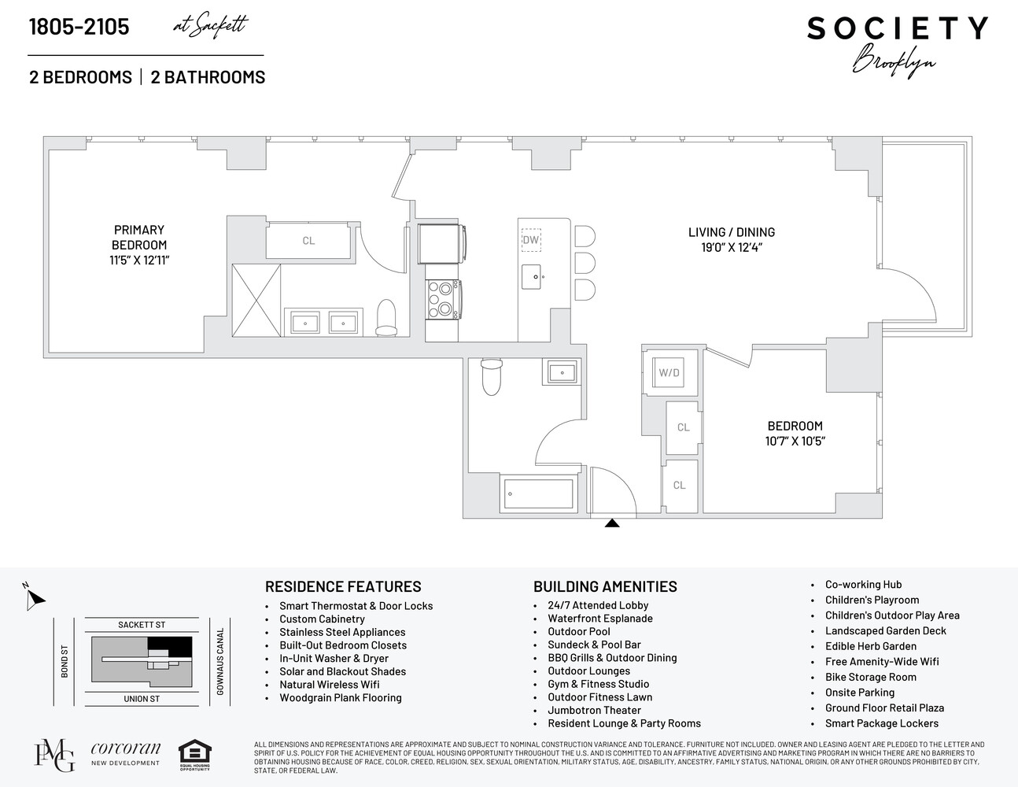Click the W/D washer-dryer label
[x=669, y=372]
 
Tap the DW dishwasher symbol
[x=531, y=239]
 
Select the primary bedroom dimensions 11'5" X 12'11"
[x=139, y=260]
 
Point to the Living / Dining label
[x=732, y=232]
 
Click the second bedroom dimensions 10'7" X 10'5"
[x=795, y=441]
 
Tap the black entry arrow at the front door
[x=611, y=523]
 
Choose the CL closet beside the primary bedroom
[x=308, y=241]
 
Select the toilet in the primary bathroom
[x=386, y=316]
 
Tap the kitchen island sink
[x=537, y=276]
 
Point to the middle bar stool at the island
[x=585, y=262]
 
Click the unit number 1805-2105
[x=79, y=27]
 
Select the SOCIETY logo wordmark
[x=897, y=28]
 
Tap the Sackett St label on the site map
[x=142, y=625]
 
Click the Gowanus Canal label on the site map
[x=221, y=661]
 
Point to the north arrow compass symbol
[x=34, y=599]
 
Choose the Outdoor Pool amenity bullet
[x=579, y=631]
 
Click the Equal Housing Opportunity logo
[x=194, y=755]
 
